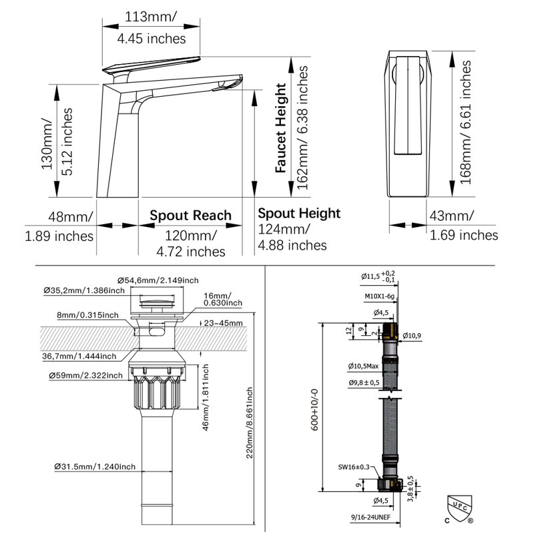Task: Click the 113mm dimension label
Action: [151, 17]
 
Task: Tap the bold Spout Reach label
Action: [190, 216]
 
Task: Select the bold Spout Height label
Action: [299, 214]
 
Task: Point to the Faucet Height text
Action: [281, 128]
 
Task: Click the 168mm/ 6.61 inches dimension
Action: [465, 123]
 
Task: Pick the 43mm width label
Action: [451, 216]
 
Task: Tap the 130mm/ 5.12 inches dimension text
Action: [57, 142]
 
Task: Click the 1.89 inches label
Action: [59, 236]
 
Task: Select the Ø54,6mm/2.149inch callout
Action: [158, 280]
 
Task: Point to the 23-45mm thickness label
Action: [224, 323]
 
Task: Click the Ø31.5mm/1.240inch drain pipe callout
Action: [95, 467]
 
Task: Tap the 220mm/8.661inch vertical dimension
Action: [250, 423]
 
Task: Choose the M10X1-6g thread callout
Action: [379, 296]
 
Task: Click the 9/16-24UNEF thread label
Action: [371, 517]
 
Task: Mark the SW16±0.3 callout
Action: [354, 467]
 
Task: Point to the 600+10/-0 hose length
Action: [314, 410]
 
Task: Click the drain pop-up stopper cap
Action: [157, 302]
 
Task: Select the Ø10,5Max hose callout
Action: [363, 366]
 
